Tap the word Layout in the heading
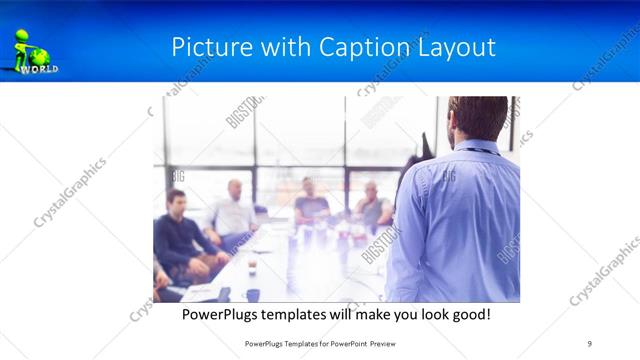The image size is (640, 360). (457, 48)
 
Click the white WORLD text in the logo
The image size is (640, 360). (40, 70)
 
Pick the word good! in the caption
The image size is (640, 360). (468, 314)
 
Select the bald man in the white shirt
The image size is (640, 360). (234, 210)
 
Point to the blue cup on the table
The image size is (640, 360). (253, 295)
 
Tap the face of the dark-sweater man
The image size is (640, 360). (176, 203)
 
